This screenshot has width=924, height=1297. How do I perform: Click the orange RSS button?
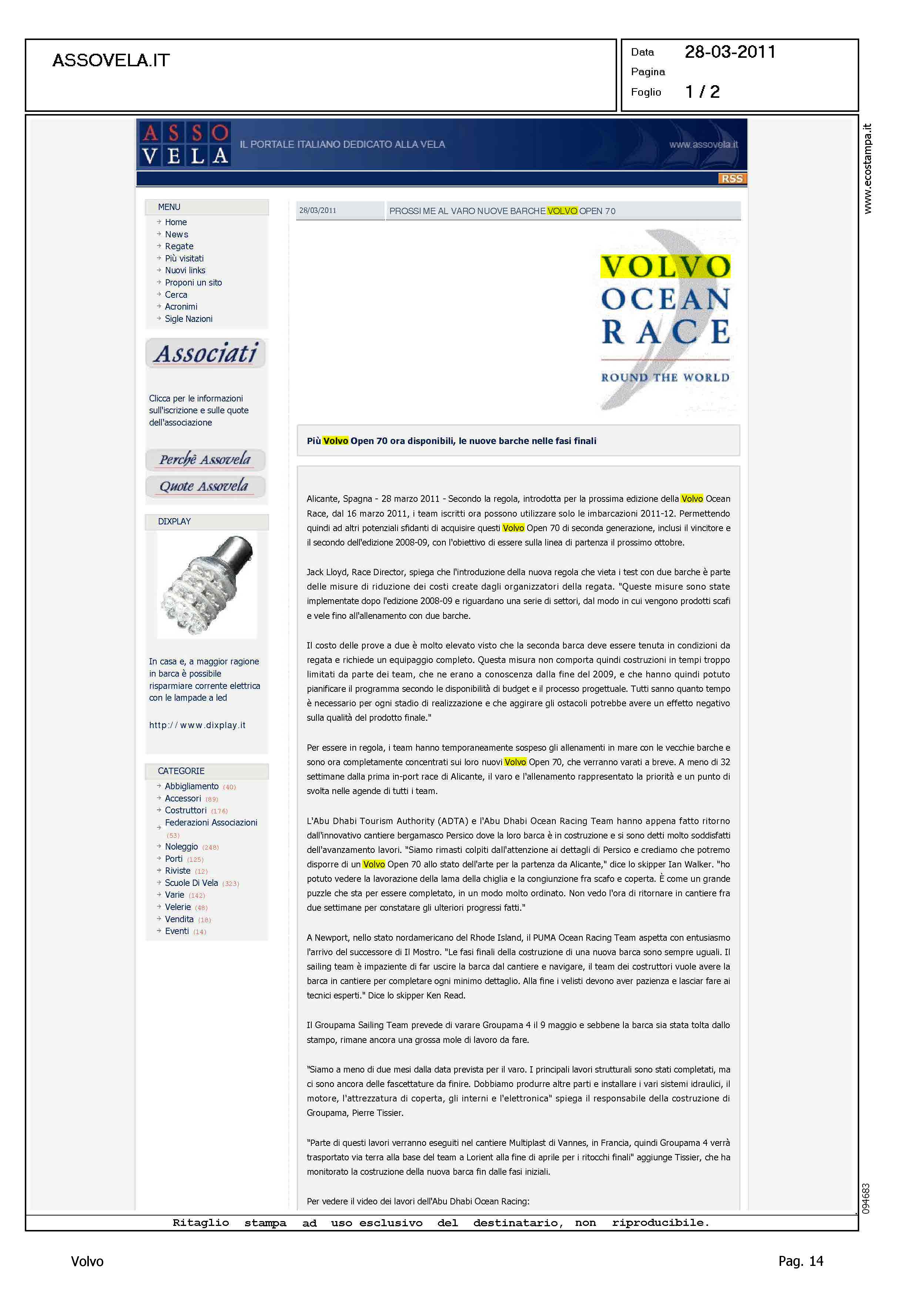[732, 179]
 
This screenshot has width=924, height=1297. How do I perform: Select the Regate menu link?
[179, 246]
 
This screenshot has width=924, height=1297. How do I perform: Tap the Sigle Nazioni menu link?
[188, 319]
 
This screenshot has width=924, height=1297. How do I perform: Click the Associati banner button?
[205, 353]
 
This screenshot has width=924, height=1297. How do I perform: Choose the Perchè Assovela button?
[205, 459]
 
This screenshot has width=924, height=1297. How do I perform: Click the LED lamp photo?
[207, 586]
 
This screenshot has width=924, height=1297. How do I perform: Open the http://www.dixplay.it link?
[197, 725]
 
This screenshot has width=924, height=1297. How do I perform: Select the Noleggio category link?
[181, 847]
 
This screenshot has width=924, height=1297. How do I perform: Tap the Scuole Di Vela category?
[191, 883]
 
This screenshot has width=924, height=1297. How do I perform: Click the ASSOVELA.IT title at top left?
[111, 60]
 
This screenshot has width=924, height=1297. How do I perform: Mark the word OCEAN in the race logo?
[665, 299]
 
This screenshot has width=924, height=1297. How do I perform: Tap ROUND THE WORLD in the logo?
[665, 378]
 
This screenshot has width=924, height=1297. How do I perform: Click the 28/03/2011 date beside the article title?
[318, 211]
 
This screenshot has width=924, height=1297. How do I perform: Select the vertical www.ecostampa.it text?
[867, 169]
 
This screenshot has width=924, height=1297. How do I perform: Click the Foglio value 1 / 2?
[702, 91]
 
